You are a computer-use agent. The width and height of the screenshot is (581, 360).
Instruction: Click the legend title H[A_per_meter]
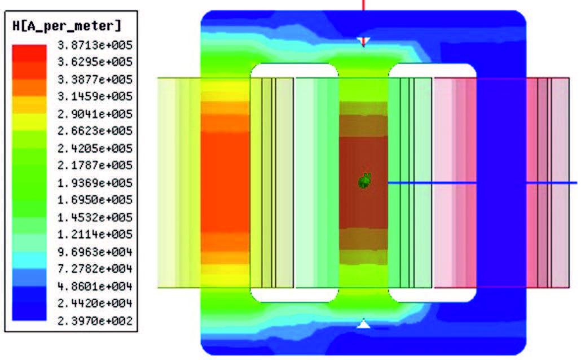coord(67,26)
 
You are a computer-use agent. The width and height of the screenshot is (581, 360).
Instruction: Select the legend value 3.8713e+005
coord(95,45)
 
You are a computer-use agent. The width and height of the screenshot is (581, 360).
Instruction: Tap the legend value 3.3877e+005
coord(95,80)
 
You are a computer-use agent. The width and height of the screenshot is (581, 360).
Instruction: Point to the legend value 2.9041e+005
coord(95,113)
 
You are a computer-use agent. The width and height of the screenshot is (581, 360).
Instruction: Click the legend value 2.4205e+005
coord(95,148)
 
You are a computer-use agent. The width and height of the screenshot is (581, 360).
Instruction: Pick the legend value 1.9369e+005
coord(95,182)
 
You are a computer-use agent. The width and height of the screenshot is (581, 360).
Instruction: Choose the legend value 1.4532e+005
coord(95,217)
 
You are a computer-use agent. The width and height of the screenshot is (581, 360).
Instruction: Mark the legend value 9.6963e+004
coord(95,252)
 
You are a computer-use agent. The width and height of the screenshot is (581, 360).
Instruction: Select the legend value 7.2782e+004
coord(95,269)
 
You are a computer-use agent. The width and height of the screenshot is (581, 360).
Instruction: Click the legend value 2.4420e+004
coord(95,303)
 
